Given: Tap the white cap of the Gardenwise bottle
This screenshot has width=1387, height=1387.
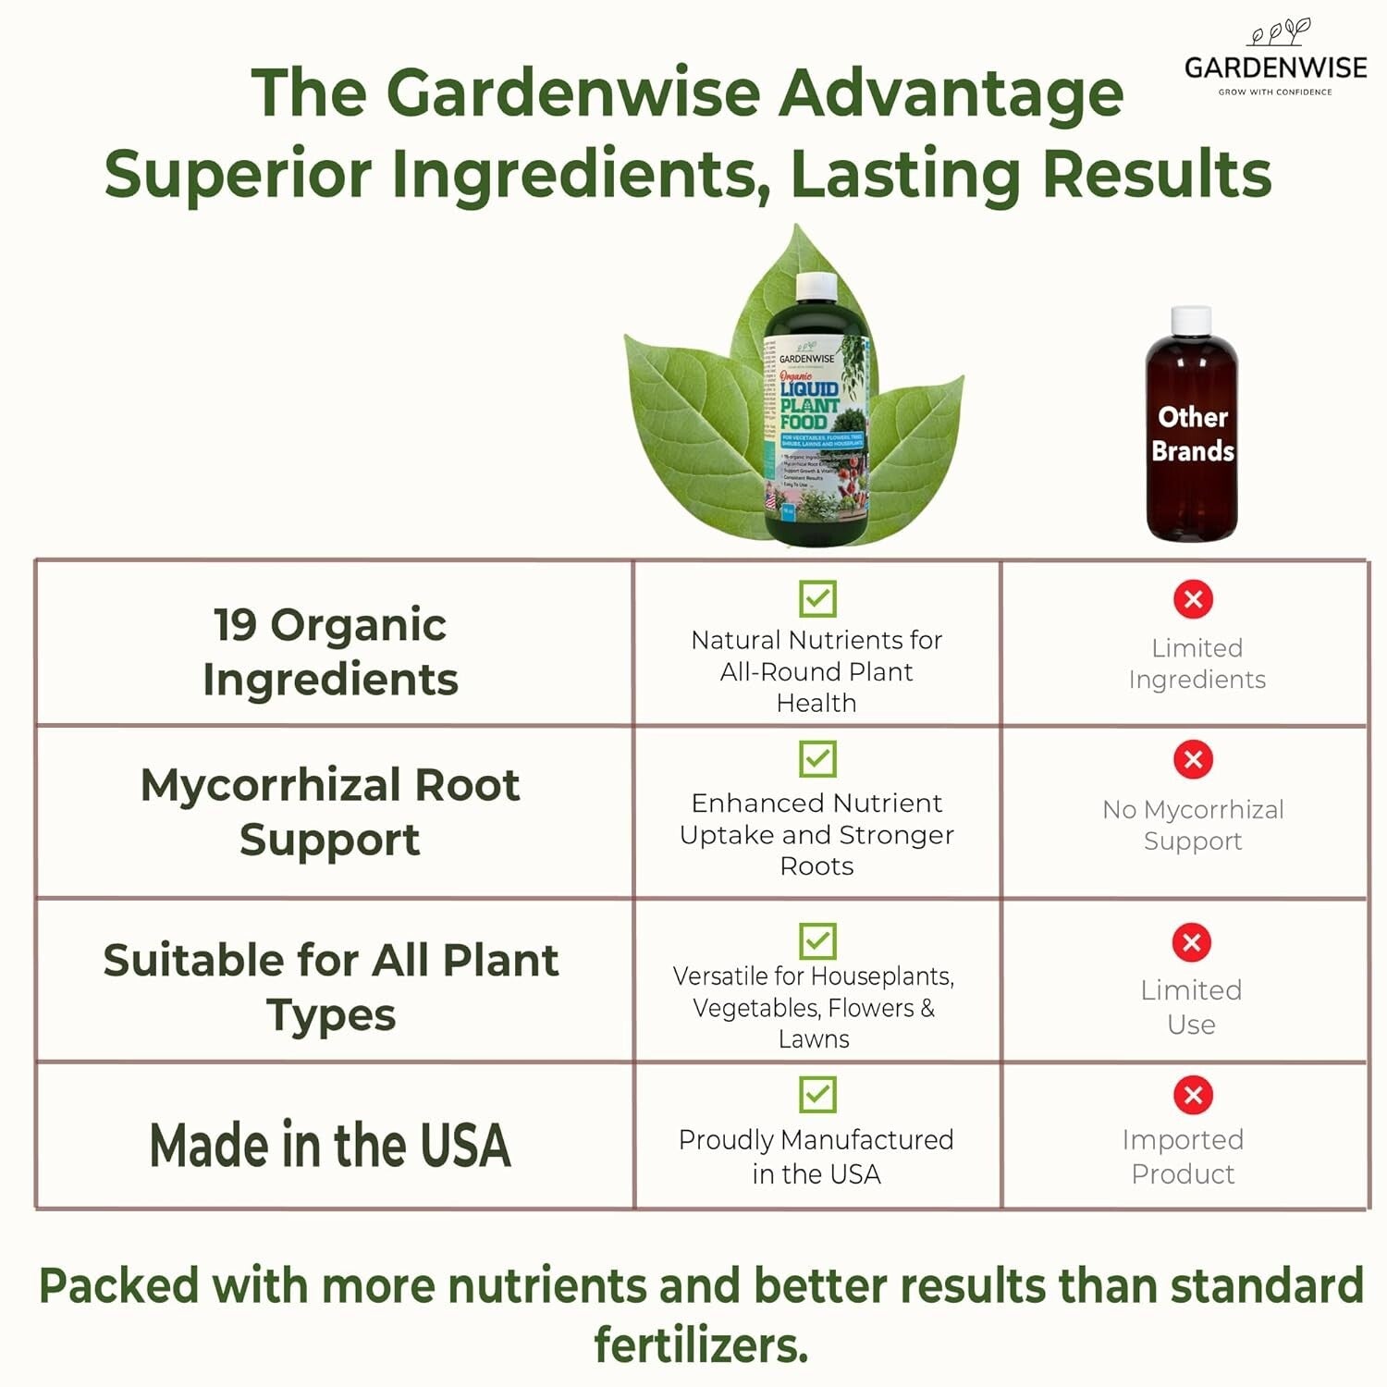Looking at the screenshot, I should coord(816,287).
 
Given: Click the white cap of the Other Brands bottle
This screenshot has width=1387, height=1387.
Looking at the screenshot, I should coord(1191,321).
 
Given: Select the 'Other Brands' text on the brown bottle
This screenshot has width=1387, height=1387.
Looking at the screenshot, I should coord(1193,434).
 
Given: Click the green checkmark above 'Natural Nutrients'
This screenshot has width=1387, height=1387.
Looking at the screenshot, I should coord(817,598).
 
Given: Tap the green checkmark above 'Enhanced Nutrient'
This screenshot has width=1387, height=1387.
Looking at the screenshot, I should coord(817,759).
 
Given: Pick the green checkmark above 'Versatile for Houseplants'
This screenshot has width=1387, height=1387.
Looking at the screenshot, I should coord(817,941).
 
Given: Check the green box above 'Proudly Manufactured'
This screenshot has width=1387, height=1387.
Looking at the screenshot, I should coord(817,1095).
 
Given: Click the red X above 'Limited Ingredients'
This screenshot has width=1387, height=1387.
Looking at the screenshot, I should coord(1193,599).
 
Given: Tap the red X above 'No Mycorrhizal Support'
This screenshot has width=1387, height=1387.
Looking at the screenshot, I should coord(1193,760).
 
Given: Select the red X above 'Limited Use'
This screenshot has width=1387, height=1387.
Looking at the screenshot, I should coord(1191,942).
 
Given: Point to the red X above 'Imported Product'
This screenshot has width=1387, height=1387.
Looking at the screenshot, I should coord(1193,1096).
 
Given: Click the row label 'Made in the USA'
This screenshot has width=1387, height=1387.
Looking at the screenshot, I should coord(330,1145).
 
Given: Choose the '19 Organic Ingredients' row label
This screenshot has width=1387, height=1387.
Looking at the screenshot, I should coord(330,651).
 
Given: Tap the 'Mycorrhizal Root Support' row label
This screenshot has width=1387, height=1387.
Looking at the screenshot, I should coord(330,811).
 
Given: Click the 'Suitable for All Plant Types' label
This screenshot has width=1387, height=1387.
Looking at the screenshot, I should coord(330,987).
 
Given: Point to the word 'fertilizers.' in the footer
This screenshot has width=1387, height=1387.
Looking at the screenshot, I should coord(700,1344).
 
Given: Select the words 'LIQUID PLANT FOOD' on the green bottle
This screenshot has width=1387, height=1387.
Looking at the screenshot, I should coord(808,405).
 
